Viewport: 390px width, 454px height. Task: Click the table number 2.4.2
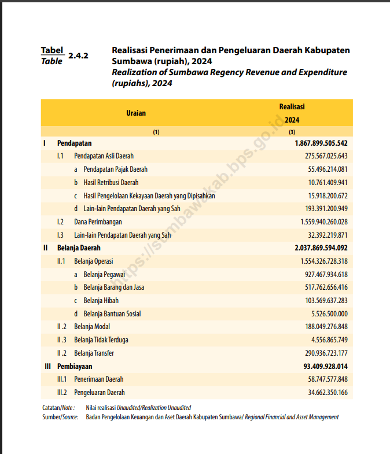(78, 56)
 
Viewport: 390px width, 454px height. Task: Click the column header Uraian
(136, 113)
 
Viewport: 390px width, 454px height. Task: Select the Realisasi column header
(292, 107)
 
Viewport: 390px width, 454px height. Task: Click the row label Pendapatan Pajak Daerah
(115, 169)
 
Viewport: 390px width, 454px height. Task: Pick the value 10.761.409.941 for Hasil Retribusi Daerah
(328, 183)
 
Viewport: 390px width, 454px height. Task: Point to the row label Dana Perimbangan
(98, 222)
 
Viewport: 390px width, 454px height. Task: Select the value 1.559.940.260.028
(323, 222)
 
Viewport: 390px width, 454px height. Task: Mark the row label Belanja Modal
(92, 327)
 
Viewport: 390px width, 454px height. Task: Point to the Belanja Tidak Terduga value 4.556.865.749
(329, 340)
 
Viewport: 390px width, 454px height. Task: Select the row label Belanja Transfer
(94, 353)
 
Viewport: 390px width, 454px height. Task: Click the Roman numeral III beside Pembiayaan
(47, 367)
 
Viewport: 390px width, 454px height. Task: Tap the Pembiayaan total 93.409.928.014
(325, 367)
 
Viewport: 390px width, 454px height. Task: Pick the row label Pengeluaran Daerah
(100, 393)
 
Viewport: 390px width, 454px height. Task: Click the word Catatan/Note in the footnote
(58, 408)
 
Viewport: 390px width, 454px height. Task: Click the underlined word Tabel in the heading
(52, 51)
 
